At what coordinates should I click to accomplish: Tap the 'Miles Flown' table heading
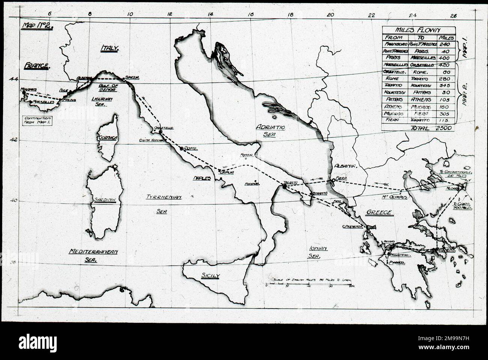(419, 30)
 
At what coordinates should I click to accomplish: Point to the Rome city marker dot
(182, 149)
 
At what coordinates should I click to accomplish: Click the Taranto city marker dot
(285, 186)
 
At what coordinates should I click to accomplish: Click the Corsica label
(108, 138)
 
